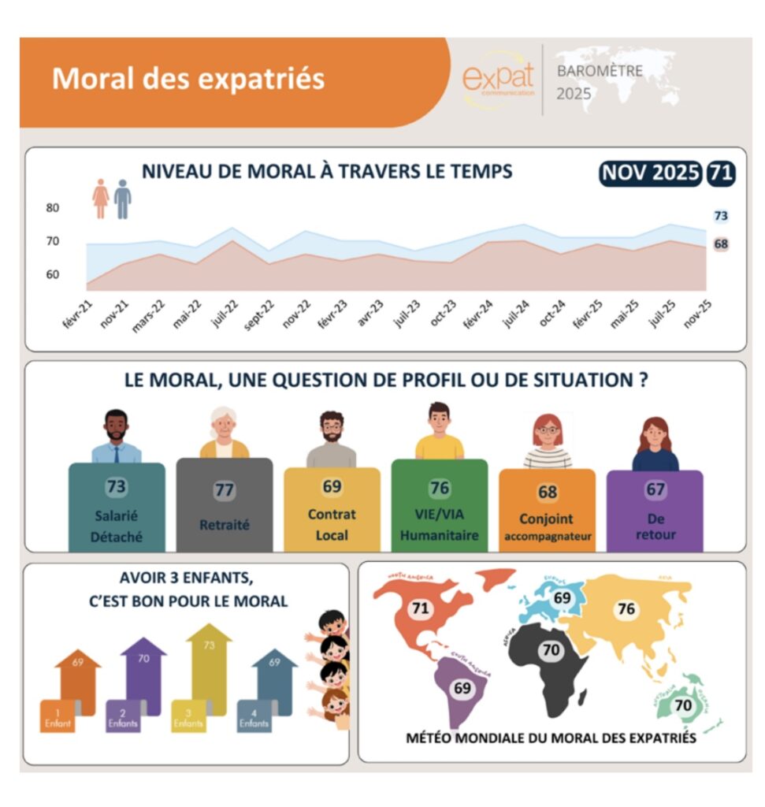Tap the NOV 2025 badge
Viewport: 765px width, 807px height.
[650, 173]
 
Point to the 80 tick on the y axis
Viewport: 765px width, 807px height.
[53, 208]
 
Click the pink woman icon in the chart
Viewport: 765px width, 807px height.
[101, 198]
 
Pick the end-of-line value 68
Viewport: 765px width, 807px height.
[720, 244]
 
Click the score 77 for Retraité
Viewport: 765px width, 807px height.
[225, 490]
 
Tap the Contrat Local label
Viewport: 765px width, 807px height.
[332, 524]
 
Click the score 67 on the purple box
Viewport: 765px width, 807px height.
[655, 489]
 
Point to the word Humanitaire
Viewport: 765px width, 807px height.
[439, 536]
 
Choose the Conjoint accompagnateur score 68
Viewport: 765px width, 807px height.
[548, 493]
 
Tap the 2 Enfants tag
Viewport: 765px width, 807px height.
[122, 717]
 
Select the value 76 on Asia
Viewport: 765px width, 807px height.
[626, 608]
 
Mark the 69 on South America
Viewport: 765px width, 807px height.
[461, 688]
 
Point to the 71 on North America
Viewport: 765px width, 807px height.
[420, 608]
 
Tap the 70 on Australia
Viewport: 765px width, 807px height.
[683, 705]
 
